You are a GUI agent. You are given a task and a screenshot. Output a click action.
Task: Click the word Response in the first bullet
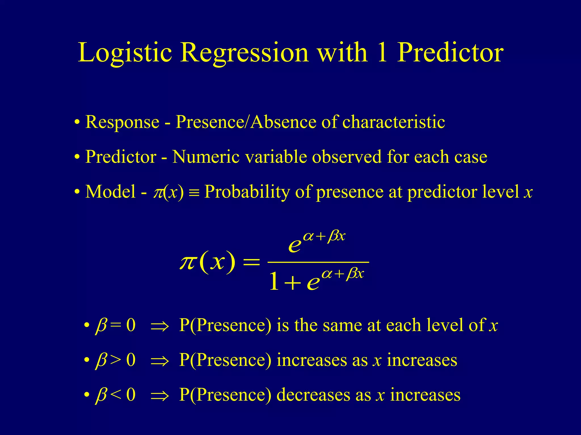pyautogui.click(x=122, y=122)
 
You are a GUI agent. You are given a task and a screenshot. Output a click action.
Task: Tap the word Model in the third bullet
pyautogui.click(x=110, y=192)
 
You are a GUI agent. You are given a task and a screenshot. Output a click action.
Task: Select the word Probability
pyautogui.click(x=247, y=192)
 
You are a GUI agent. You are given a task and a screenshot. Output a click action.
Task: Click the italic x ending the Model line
pyautogui.click(x=528, y=193)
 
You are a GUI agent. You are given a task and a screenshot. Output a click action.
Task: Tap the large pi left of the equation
pyautogui.click(x=188, y=262)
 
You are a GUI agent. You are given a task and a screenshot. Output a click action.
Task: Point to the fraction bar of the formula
pyautogui.click(x=318, y=263)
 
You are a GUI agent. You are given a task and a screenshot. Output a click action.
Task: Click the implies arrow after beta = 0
pyautogui.click(x=160, y=327)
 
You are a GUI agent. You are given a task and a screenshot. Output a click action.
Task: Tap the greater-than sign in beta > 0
pyautogui.click(x=115, y=360)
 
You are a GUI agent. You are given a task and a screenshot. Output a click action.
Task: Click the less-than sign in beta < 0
pyautogui.click(x=115, y=395)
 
